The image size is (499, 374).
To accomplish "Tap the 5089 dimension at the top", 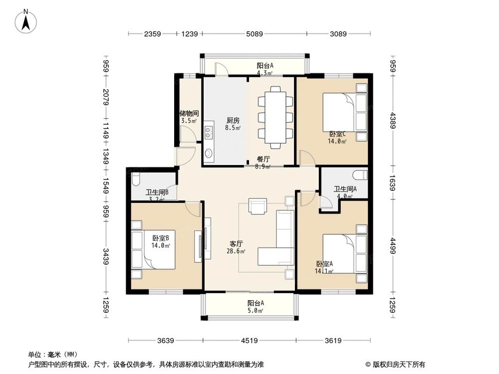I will (254, 34).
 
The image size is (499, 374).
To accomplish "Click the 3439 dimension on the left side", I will (106, 258).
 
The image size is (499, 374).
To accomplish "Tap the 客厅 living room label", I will (237, 244).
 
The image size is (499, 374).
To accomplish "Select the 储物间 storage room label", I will (189, 114).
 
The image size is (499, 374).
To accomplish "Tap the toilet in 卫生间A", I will (360, 175).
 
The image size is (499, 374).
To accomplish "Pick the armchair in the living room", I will (257, 205).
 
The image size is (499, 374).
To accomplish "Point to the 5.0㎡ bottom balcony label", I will (255, 307).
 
